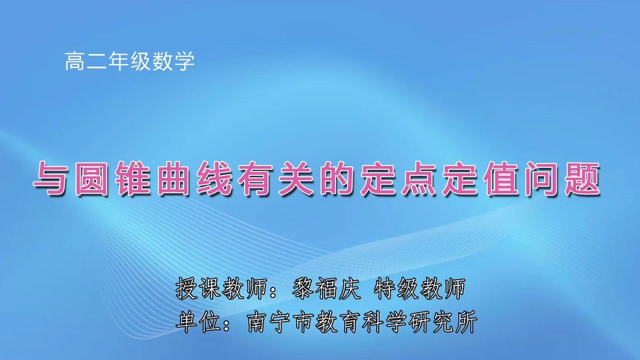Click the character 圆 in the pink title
tap(94, 179)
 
